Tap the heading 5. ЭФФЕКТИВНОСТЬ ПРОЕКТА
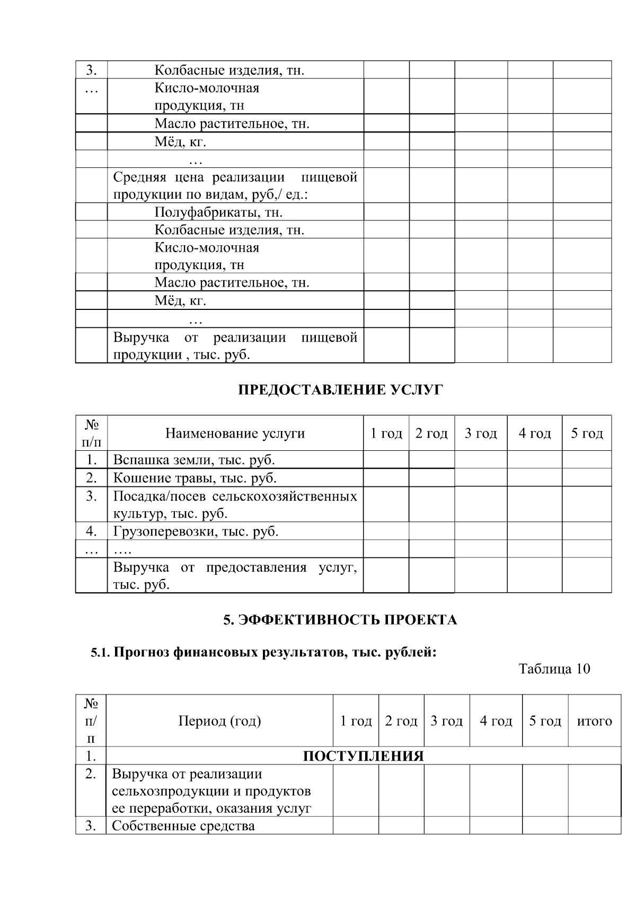coord(340,620)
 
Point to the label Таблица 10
coord(554,669)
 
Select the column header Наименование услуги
coord(235,433)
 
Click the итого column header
coord(594,721)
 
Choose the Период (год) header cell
coord(219,721)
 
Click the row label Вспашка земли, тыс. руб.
coord(194,460)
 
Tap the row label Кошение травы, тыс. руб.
coord(195,478)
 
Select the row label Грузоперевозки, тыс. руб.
coord(196,531)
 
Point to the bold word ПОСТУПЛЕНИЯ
coord(363,756)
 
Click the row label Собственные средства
coord(183,826)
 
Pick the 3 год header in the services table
coord(480,433)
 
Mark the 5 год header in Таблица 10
coord(545,721)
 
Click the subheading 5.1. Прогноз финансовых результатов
coord(263,652)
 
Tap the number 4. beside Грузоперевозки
coord(91,531)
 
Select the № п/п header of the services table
coord(92,433)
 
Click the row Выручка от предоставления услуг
coord(235,576)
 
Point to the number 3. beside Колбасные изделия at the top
coord(91,70)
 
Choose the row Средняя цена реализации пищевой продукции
coord(235,185)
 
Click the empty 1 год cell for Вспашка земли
coord(386,460)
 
